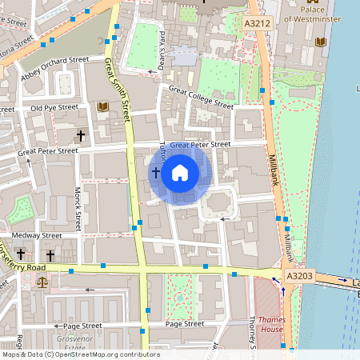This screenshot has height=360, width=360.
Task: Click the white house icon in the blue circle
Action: tap(180, 172)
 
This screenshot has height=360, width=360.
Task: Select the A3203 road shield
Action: tap(298, 276)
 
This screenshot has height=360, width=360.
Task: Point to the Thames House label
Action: tap(271, 324)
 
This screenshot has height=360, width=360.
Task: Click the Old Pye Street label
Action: tap(54, 106)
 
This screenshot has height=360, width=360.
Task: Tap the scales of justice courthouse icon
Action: tap(42, 281)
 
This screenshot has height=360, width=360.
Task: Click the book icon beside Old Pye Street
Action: tap(102, 106)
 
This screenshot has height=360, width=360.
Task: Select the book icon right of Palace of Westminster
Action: tap(322, 42)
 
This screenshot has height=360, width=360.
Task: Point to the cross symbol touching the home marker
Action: tap(155, 172)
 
